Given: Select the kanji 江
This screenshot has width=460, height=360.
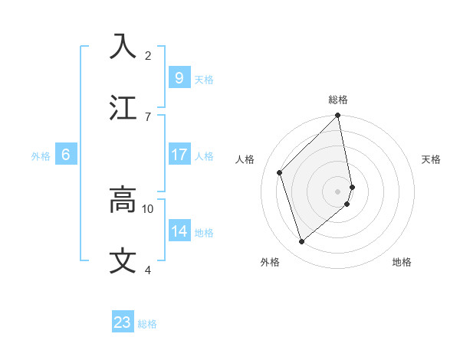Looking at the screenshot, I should (123, 107).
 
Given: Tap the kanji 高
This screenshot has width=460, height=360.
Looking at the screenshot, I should (123, 200).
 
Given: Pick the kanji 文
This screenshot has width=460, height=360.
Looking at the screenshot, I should (123, 260).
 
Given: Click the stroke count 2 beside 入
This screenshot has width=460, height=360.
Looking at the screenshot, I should (148, 55).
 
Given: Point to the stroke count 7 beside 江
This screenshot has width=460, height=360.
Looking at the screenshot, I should (148, 116).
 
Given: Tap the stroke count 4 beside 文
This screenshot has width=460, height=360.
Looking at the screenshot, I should (148, 270).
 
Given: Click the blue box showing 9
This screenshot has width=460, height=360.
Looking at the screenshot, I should (179, 77).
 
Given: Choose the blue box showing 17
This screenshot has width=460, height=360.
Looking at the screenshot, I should (179, 155).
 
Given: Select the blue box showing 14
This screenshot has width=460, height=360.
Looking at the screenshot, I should (179, 231).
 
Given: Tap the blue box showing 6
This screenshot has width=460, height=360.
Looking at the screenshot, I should (66, 155).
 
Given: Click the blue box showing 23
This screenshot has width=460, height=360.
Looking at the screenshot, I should (123, 322).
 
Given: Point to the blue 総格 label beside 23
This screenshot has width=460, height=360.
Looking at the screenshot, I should (148, 324).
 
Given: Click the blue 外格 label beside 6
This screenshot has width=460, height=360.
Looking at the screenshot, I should (41, 156).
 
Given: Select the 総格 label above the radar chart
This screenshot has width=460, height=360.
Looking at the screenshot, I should (338, 100).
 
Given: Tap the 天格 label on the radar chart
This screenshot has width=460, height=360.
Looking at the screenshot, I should (432, 159).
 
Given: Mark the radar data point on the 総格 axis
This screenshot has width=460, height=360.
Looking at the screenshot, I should (338, 116).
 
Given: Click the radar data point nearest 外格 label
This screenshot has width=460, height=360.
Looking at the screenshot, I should (301, 242).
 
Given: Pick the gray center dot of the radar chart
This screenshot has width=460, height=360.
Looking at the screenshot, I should (338, 191).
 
